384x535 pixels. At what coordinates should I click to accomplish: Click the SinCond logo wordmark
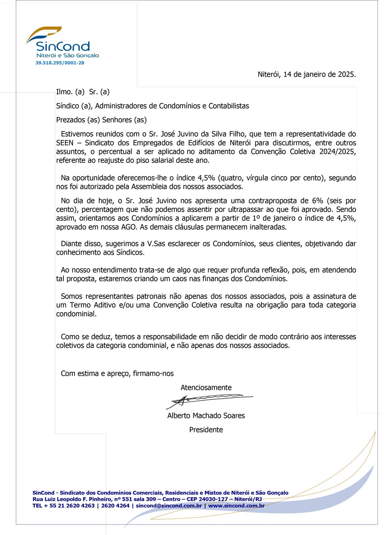point(63,47)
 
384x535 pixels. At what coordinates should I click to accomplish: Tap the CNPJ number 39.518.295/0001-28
point(60,63)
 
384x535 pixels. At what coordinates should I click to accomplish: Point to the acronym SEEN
point(65,143)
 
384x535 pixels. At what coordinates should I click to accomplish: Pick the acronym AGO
point(129,227)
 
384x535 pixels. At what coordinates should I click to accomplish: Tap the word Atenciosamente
point(206,388)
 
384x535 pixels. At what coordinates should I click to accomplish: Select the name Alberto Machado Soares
point(206,416)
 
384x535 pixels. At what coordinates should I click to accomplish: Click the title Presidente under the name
point(206,430)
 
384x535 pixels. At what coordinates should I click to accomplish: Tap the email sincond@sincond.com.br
point(169,506)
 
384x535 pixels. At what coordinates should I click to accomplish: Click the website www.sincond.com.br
point(236,506)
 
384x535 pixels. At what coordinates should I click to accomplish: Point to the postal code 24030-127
point(213,499)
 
